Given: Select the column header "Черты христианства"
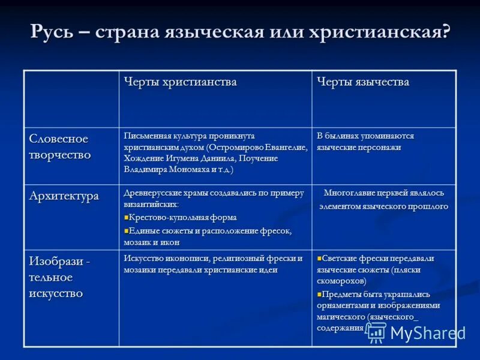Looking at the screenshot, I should [180, 82].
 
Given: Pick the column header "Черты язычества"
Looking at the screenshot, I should [363, 82].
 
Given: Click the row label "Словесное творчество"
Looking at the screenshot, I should [59, 146].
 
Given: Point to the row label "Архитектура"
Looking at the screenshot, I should [64, 196].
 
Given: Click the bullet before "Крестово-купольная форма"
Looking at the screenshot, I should [127, 217].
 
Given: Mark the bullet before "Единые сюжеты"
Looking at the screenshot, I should [127, 230].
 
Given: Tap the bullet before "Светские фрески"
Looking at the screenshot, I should [319, 258].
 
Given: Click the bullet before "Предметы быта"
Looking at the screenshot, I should [319, 294].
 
